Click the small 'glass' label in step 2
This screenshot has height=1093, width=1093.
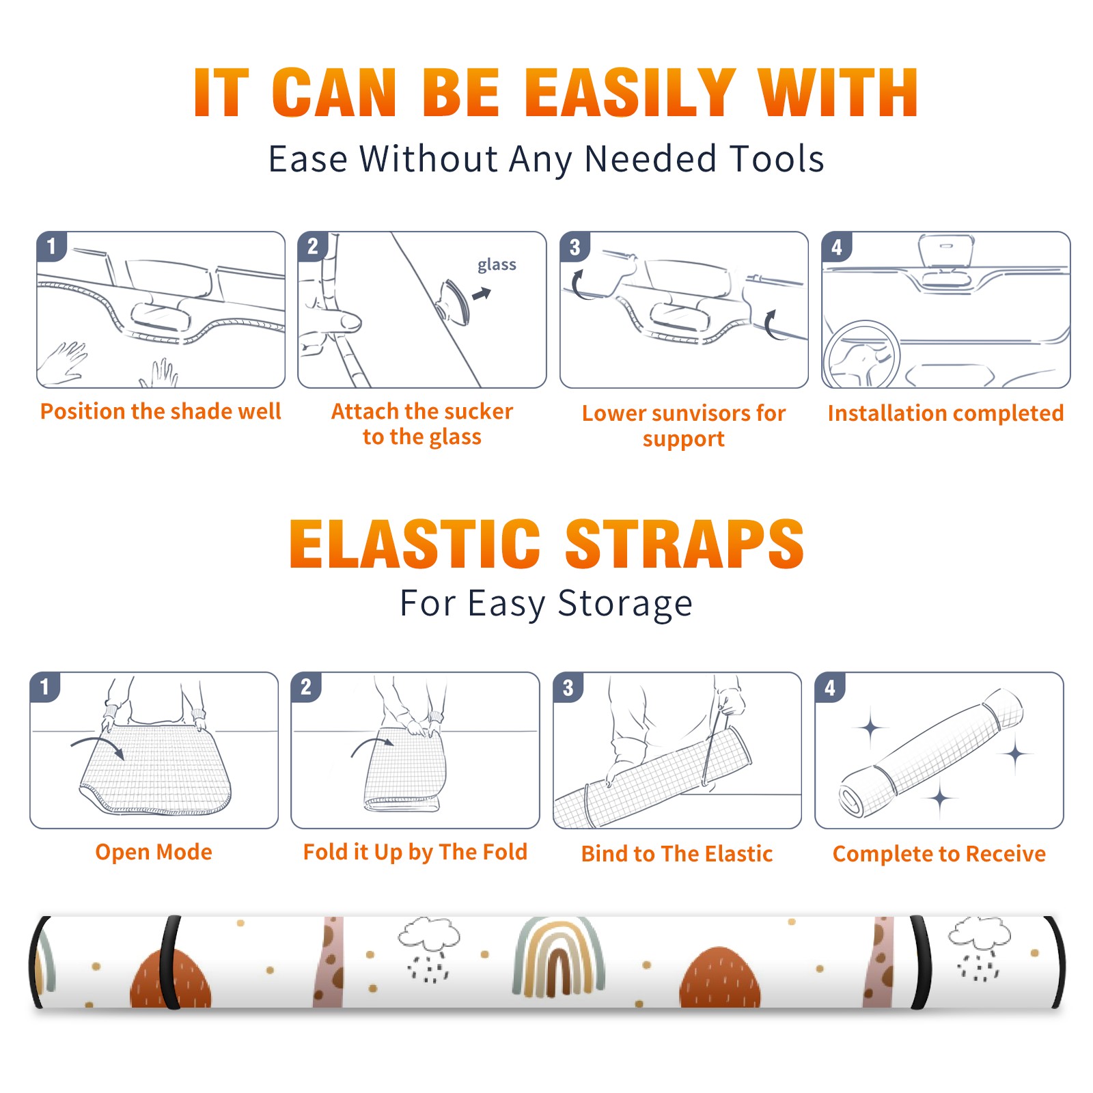(497, 265)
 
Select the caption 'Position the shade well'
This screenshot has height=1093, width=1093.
(161, 411)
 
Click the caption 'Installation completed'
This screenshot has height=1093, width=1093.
(945, 413)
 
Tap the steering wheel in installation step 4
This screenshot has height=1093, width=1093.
(861, 354)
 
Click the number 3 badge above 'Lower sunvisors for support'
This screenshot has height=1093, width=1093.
(575, 247)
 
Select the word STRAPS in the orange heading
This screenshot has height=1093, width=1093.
(684, 544)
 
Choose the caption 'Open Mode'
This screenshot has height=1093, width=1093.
(154, 852)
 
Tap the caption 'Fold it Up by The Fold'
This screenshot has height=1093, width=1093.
(415, 852)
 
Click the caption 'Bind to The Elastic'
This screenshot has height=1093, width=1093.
(677, 853)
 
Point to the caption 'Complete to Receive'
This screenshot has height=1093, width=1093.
(939, 853)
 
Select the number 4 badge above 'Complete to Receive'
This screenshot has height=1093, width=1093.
(830, 687)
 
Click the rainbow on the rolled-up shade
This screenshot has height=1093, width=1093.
(559, 956)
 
